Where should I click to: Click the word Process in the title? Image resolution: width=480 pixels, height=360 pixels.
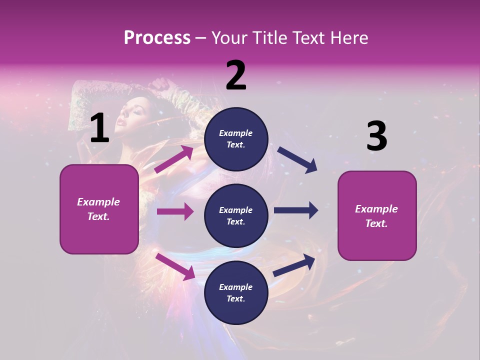tap(157, 38)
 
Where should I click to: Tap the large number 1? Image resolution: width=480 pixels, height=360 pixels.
tap(99, 128)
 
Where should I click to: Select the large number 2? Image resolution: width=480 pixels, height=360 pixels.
tap(236, 76)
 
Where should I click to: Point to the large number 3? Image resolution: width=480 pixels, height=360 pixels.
tap(376, 136)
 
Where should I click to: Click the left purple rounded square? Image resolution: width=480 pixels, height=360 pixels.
tap(99, 209)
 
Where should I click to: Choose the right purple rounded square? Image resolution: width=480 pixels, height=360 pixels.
tap(377, 215)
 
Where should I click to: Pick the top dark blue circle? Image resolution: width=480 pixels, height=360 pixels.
tap(236, 139)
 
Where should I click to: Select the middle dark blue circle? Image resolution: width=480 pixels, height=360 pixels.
tap(236, 215)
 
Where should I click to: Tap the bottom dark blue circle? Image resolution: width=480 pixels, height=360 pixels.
tap(236, 292)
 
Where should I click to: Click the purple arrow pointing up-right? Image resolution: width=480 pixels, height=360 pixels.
tap(174, 159)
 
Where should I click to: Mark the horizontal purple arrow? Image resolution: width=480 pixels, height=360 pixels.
tap(175, 211)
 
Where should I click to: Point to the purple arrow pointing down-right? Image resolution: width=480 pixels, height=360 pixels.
tap(175, 266)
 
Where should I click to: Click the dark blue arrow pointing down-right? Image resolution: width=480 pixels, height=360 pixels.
tap(297, 159)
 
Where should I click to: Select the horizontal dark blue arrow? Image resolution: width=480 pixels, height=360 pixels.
tap(295, 210)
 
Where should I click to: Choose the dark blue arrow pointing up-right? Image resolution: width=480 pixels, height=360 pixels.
tap(294, 265)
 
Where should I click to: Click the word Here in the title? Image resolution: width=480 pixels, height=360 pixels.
tap(349, 38)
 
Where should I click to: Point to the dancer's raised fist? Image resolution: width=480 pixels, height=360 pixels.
tap(160, 83)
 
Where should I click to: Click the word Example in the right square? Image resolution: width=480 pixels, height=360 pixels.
tap(376, 209)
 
